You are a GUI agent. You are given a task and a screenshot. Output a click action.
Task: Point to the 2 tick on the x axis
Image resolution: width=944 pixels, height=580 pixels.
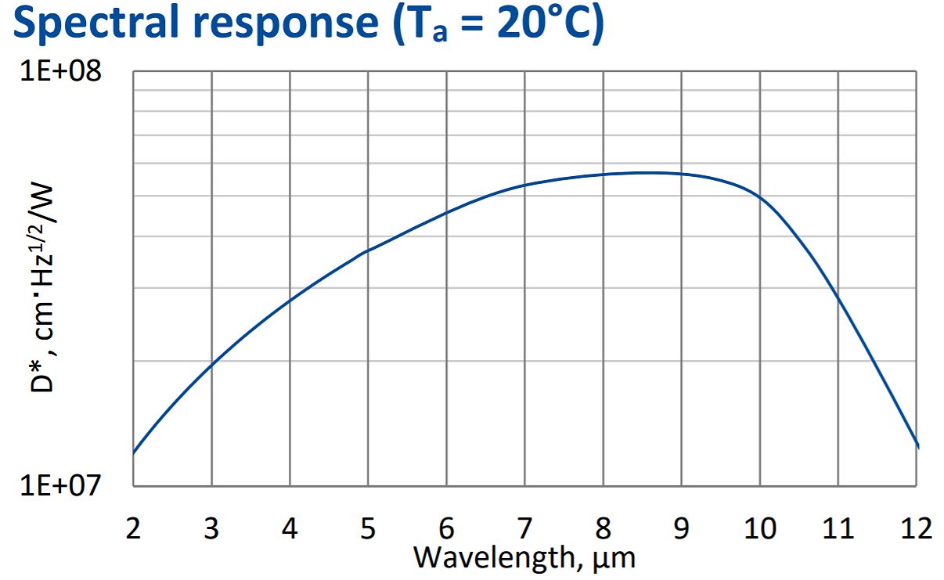pos(133,528)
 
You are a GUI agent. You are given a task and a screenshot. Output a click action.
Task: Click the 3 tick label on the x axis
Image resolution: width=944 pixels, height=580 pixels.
pos(211,528)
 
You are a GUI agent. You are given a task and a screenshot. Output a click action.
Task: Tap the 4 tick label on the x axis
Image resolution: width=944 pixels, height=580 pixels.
pos(290,528)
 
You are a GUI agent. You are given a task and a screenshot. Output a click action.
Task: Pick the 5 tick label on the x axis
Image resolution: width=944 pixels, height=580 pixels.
pos(368,528)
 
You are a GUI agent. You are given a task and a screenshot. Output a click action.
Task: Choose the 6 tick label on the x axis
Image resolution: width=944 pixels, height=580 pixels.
pos(446,528)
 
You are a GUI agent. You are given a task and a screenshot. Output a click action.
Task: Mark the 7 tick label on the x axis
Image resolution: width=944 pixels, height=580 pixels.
pos(524,528)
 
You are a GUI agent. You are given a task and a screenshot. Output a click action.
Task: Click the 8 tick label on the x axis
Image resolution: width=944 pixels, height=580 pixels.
pos(603,528)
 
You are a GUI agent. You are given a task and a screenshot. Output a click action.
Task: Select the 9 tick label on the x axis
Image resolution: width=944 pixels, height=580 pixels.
pos(681,528)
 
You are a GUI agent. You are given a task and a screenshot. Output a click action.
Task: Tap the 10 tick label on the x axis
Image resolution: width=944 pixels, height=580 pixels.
pos(759,528)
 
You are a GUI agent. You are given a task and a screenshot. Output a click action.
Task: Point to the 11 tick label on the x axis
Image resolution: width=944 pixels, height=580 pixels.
pos(838,528)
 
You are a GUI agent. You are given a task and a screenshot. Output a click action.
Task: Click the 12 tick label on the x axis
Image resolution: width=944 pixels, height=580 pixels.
pos(916,528)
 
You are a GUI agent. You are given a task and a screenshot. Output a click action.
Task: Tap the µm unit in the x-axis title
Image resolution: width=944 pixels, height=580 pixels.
pos(616,559)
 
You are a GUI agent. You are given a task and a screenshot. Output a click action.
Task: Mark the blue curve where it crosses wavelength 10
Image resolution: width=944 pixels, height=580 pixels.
pos(759,196)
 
